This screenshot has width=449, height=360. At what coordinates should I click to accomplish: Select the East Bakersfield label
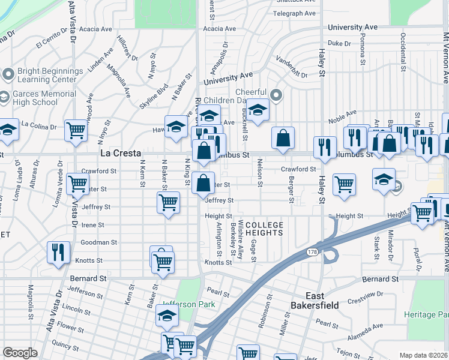tap(315, 301)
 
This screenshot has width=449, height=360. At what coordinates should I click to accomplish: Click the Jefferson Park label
tap(188, 304)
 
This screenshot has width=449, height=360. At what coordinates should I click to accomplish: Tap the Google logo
tap(20, 353)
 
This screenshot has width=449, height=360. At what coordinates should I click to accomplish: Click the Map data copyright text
tap(424, 355)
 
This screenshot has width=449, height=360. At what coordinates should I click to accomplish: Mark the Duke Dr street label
tap(339, 43)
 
